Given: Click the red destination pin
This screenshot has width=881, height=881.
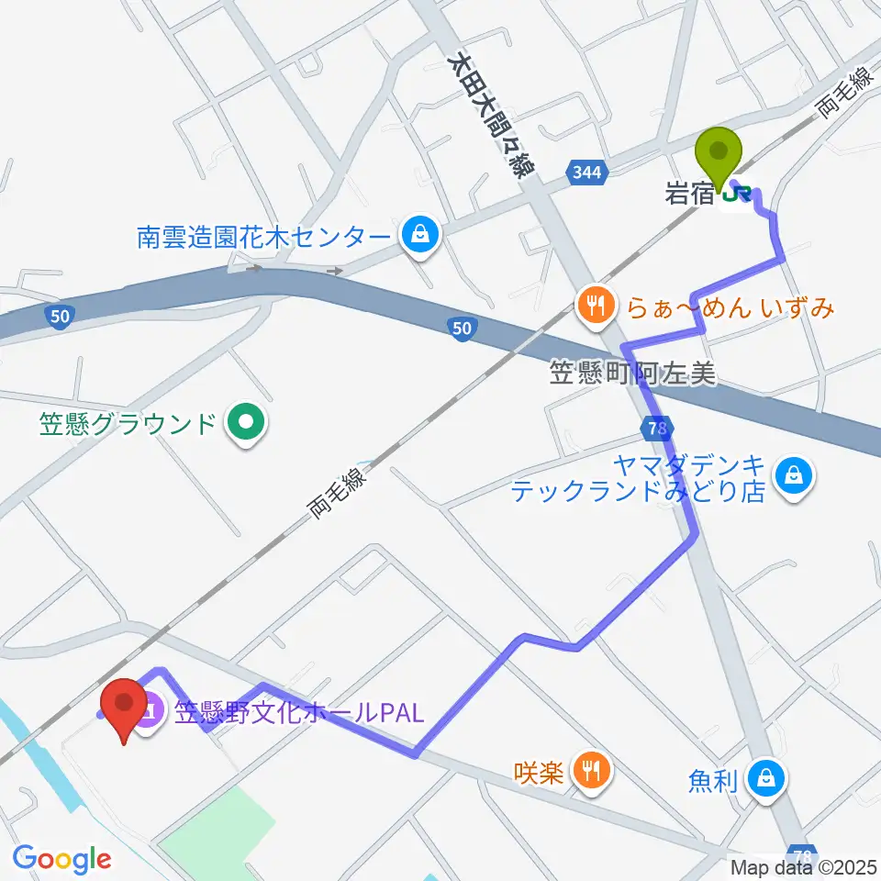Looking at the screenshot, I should click(x=122, y=707).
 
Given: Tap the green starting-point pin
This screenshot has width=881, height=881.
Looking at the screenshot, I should click(x=719, y=154).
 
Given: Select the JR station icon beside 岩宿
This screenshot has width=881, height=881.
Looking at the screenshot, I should click(x=737, y=194).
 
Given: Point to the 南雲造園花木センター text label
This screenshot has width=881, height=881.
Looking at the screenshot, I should click(x=263, y=237).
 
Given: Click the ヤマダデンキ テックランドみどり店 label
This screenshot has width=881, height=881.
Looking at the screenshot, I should click(x=638, y=478).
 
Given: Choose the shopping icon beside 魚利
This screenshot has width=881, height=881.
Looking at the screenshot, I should click(x=765, y=780).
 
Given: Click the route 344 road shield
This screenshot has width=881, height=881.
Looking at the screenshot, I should click(x=585, y=172).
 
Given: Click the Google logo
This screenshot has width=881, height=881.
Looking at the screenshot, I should click(x=62, y=858).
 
